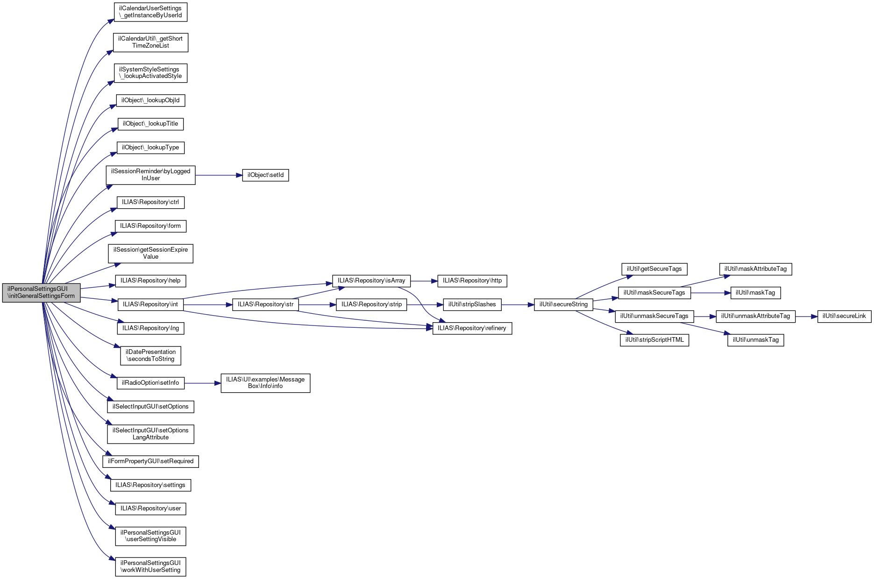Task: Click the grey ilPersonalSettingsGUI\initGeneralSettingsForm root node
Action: (41, 293)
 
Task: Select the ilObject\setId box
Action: (265, 175)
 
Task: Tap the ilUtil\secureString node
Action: (563, 304)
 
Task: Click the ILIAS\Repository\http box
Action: (472, 281)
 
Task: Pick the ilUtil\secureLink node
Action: (844, 316)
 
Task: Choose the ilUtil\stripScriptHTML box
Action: (654, 340)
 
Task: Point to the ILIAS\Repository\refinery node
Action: (472, 328)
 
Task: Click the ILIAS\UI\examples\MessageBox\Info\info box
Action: (265, 383)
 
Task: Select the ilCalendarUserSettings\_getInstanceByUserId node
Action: (150, 12)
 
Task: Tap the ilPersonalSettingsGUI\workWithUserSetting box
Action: (150, 566)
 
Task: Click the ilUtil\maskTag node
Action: (755, 293)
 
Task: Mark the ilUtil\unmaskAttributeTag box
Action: (755, 316)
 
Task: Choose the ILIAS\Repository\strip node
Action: (371, 304)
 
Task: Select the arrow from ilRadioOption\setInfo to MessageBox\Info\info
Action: (202, 383)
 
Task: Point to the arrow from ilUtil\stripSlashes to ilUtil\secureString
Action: (518, 304)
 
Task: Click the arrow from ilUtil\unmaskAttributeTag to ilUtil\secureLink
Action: (806, 316)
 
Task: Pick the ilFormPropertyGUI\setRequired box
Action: (150, 461)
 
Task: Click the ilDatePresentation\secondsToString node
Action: (150, 355)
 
